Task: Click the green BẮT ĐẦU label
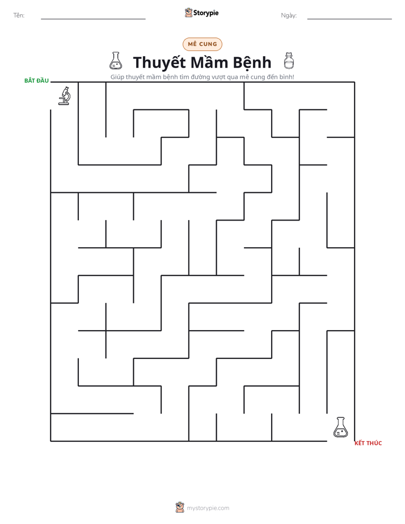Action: point(36,81)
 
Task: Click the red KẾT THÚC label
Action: point(368,443)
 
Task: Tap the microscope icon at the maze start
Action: point(65,96)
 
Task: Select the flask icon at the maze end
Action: point(340,427)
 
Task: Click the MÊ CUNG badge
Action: point(202,44)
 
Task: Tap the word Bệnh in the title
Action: point(252,63)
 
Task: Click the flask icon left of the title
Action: point(116,61)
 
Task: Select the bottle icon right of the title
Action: point(289,61)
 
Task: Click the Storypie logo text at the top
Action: point(206,13)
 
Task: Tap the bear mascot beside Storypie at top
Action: point(188,12)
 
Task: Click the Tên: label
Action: point(19,15)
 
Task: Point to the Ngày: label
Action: point(289,15)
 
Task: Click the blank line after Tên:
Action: point(93,19)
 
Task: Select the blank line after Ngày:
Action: point(349,19)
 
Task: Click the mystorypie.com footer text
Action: point(208,508)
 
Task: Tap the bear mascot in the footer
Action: point(180,508)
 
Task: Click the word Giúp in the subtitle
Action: point(117,77)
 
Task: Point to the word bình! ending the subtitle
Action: point(286,77)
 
